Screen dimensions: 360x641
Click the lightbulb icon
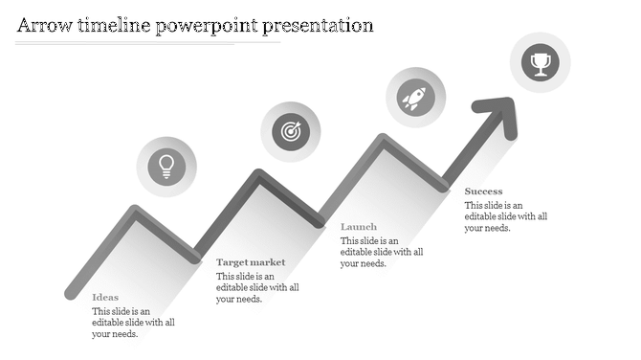pyautogui.click(x=166, y=167)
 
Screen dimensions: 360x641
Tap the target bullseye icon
pyautogui.click(x=290, y=131)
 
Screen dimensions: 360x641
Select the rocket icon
pyautogui.click(x=414, y=97)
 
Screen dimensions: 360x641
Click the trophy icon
pyautogui.click(x=541, y=63)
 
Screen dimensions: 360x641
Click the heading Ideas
pyautogui.click(x=105, y=298)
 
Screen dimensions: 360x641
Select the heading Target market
pyautogui.click(x=251, y=262)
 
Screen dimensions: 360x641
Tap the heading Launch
pyautogui.click(x=359, y=227)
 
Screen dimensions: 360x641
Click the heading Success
pyautogui.click(x=483, y=191)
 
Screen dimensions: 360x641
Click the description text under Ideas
pyautogui.click(x=133, y=323)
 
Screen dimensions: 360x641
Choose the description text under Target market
pyautogui.click(x=257, y=287)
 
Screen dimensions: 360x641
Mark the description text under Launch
pyautogui.click(x=382, y=252)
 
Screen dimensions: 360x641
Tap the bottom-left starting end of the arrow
pyautogui.click(x=70, y=292)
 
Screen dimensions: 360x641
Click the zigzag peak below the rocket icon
pyautogui.click(x=383, y=140)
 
